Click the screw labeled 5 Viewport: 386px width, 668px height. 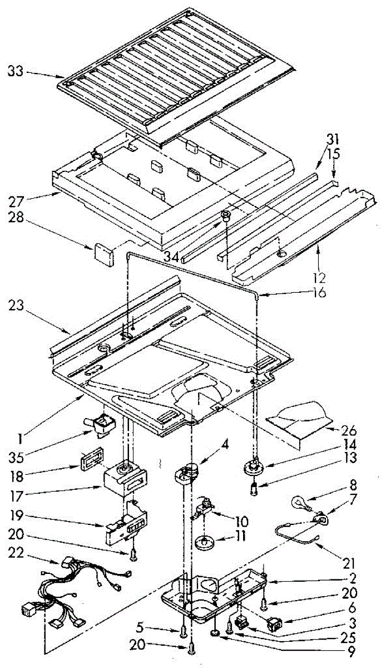coord(184,631)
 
